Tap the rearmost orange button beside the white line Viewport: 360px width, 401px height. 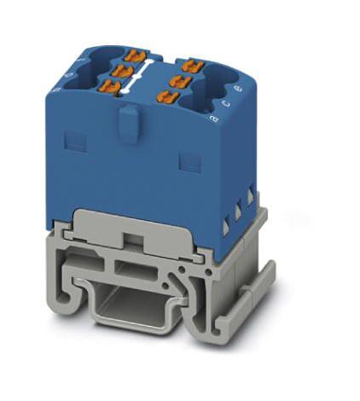click(x=132, y=56)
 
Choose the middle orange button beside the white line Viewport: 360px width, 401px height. click(x=123, y=72)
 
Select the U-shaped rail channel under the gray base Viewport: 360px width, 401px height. click(x=128, y=307)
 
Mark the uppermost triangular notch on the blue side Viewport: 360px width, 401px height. click(x=252, y=195)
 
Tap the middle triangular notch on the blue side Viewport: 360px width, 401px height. click(x=239, y=210)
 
